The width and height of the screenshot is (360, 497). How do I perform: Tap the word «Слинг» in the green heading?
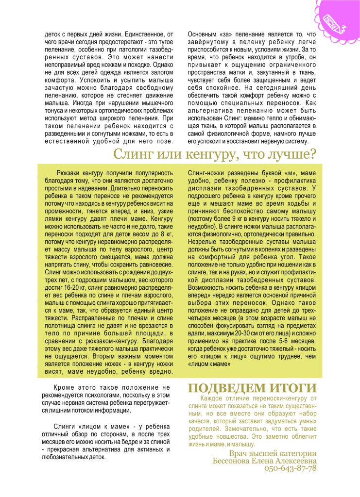coord(131,155)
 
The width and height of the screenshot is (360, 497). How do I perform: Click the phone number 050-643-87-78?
coord(291,468)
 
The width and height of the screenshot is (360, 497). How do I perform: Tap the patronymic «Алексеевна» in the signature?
coord(291,460)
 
